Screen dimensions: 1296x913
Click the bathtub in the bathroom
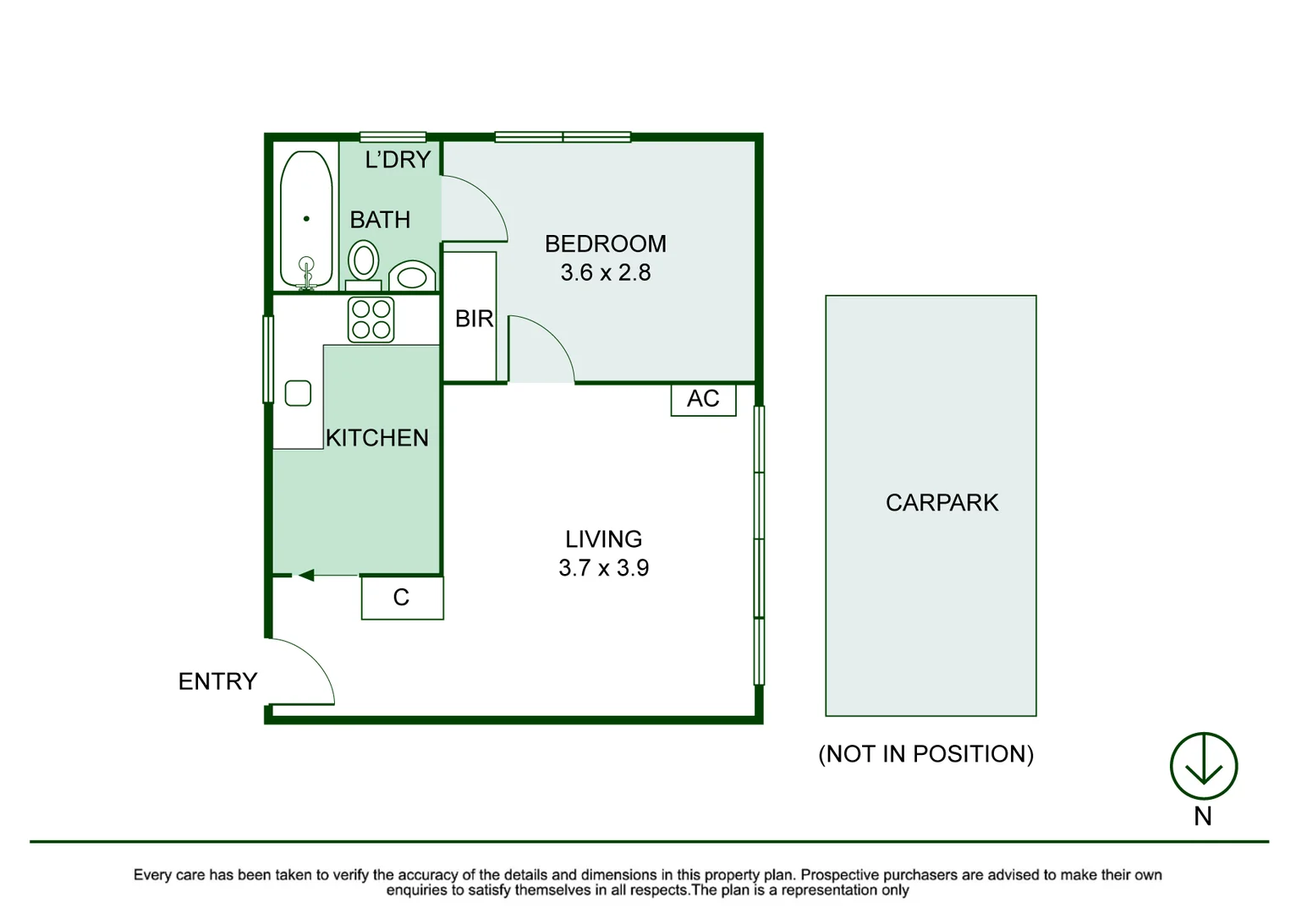point(306,219)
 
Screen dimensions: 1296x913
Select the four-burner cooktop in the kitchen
point(371,320)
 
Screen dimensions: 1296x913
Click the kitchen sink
point(298,393)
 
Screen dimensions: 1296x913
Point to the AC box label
point(703,399)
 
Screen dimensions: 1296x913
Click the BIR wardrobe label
point(474,319)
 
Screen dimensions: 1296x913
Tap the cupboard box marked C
point(402,598)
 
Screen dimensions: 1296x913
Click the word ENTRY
point(217,681)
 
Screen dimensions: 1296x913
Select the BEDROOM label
point(606,244)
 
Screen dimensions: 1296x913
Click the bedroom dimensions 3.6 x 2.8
point(606,273)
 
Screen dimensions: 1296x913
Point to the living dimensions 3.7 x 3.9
point(603,568)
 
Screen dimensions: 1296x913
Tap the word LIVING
point(603,539)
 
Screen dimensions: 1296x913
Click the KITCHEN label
point(377,438)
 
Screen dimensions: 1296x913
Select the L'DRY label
point(398,160)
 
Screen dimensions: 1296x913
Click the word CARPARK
point(942,503)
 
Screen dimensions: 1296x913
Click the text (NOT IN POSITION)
point(925,755)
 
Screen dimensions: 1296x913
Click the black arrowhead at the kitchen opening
point(305,576)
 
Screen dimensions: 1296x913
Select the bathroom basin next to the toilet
point(412,276)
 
